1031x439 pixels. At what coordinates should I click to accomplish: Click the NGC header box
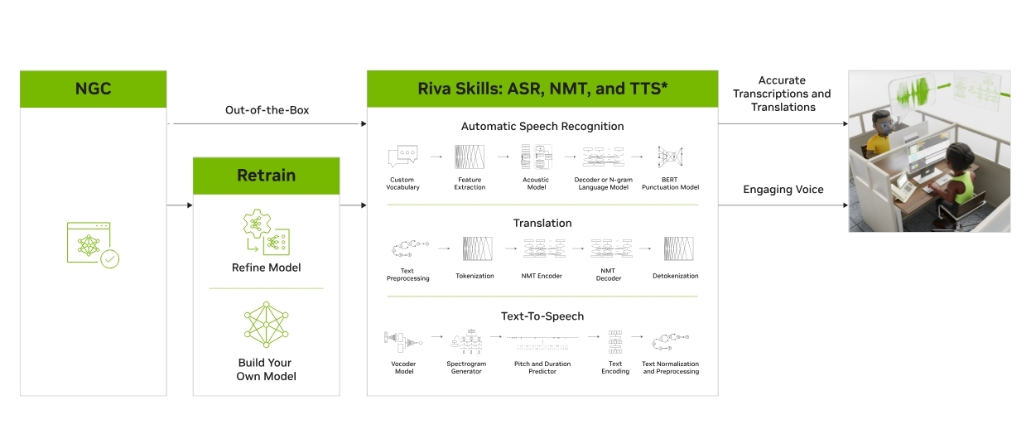(93, 89)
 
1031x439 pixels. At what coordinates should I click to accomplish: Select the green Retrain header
(266, 176)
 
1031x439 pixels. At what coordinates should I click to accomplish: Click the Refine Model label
(266, 268)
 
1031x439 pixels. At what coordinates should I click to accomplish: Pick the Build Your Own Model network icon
(266, 324)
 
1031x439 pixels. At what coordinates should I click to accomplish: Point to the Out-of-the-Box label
(267, 110)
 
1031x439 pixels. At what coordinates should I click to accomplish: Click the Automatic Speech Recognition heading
(542, 127)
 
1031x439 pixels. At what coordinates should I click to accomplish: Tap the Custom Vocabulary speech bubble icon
(403, 156)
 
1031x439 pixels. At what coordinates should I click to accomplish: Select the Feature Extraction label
(470, 184)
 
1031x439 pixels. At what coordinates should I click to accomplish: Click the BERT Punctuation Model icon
(671, 156)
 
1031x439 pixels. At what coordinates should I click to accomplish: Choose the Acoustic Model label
(537, 184)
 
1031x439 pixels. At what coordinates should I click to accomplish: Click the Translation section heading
(542, 223)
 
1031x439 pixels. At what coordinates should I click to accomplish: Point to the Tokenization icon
(475, 248)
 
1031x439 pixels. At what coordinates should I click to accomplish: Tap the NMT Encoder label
(542, 276)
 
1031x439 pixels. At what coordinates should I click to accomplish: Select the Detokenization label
(675, 276)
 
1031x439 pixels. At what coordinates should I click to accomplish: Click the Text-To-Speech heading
(542, 316)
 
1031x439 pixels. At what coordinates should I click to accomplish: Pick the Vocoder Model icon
(403, 339)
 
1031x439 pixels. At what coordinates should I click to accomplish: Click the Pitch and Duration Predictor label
(542, 368)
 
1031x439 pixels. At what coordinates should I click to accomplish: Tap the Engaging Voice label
(783, 190)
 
